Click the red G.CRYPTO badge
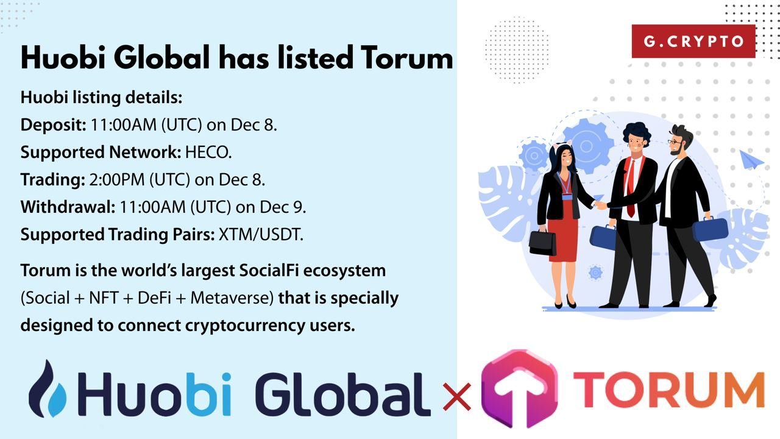pyautogui.click(x=693, y=41)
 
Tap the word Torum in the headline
pyautogui.click(x=406, y=57)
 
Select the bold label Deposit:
pyautogui.click(x=53, y=125)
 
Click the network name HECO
pyautogui.click(x=208, y=152)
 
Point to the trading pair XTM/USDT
pyautogui.click(x=261, y=235)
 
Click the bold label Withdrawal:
pyautogui.click(x=68, y=207)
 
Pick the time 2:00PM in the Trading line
pyautogui.click(x=117, y=180)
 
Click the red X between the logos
pyautogui.click(x=457, y=396)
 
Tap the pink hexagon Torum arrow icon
pyautogui.click(x=519, y=388)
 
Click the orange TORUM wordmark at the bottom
pyautogui.click(x=668, y=389)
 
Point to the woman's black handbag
pyautogui.click(x=542, y=242)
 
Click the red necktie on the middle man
pyautogui.click(x=630, y=188)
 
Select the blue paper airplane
pyautogui.click(x=751, y=160)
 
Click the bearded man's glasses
pyautogui.click(x=675, y=142)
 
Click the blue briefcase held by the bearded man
pyautogui.click(x=710, y=229)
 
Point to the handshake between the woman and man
pyautogui.click(x=601, y=205)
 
